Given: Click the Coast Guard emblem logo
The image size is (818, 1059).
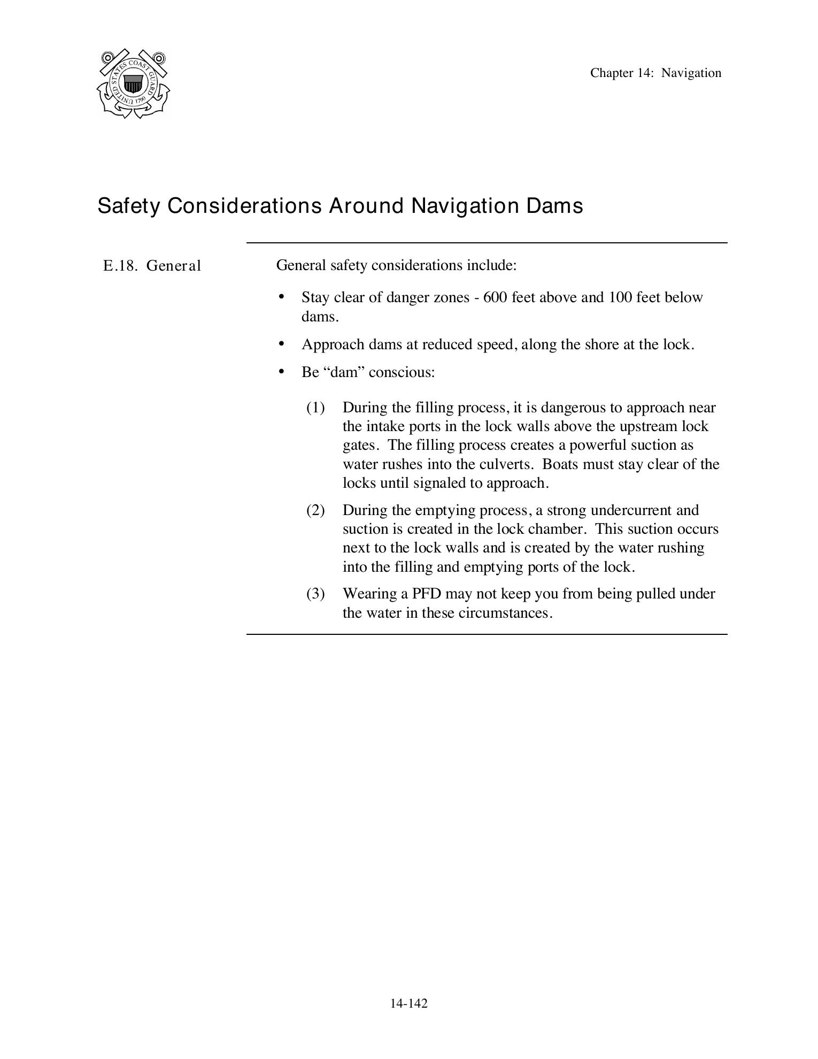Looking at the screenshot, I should click(x=134, y=84).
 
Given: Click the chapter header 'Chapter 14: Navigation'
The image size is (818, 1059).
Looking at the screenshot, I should click(x=655, y=73).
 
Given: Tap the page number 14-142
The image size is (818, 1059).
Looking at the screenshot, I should click(x=408, y=1003).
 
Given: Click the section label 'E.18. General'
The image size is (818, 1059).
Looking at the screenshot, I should click(x=152, y=266).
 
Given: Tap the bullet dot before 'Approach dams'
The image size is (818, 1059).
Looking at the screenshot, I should click(x=282, y=343).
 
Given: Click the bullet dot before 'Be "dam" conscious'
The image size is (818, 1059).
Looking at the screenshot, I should click(x=282, y=371).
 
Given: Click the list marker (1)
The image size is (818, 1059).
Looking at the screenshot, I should click(x=315, y=408).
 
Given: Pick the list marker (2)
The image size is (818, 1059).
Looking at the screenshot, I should click(x=315, y=510).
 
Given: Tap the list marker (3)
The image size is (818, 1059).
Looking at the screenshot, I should click(x=315, y=594).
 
